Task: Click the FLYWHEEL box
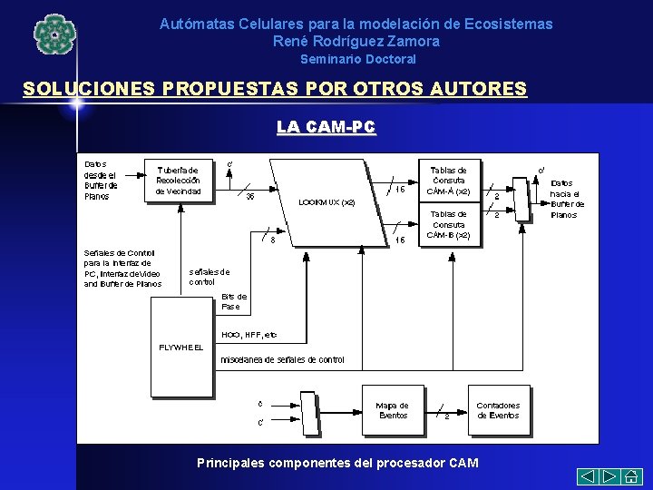(181, 348)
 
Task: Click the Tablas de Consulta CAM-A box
(449, 181)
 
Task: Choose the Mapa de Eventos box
(393, 411)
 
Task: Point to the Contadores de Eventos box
(498, 411)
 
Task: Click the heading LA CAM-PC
(326, 128)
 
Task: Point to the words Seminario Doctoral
(358, 59)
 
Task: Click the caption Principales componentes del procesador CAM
(337, 463)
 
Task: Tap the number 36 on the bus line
(250, 196)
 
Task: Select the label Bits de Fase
(234, 301)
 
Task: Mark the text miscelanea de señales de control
(283, 360)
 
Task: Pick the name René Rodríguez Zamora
(356, 41)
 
